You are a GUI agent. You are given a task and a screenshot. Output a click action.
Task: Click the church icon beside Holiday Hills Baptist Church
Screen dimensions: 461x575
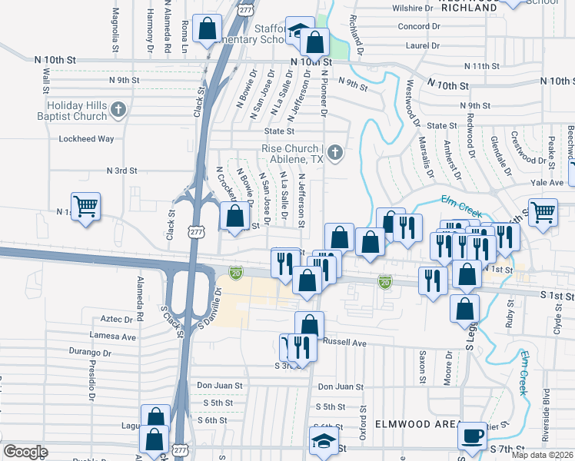pyautogui.click(x=118, y=111)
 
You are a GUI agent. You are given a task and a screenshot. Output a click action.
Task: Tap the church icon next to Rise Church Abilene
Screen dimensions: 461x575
pyautogui.click(x=334, y=154)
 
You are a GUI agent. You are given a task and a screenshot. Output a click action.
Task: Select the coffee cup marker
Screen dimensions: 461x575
pyautogui.click(x=471, y=435)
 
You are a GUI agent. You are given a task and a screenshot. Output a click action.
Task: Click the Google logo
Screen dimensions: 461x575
pyautogui.click(x=25, y=452)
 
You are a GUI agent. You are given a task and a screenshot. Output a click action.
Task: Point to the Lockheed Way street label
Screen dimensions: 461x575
pyautogui.click(x=86, y=139)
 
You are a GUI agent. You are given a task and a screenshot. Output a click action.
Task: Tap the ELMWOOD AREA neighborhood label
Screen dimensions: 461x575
pyautogui.click(x=414, y=424)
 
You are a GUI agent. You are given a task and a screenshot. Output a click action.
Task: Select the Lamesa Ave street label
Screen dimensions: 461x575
pyautogui.click(x=112, y=336)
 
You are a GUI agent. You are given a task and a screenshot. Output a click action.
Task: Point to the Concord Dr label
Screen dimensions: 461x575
pyautogui.click(x=418, y=26)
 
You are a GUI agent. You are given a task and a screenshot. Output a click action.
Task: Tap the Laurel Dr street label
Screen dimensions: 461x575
pyautogui.click(x=422, y=45)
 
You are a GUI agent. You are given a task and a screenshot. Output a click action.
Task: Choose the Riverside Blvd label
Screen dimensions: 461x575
pyautogui.click(x=547, y=426)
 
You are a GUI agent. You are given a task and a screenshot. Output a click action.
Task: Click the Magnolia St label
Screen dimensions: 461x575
pyautogui.click(x=115, y=26)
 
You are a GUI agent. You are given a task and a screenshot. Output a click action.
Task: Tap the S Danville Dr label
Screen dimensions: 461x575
pyautogui.click(x=209, y=308)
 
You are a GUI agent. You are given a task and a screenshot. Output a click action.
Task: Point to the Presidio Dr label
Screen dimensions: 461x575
pyautogui.click(x=91, y=380)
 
